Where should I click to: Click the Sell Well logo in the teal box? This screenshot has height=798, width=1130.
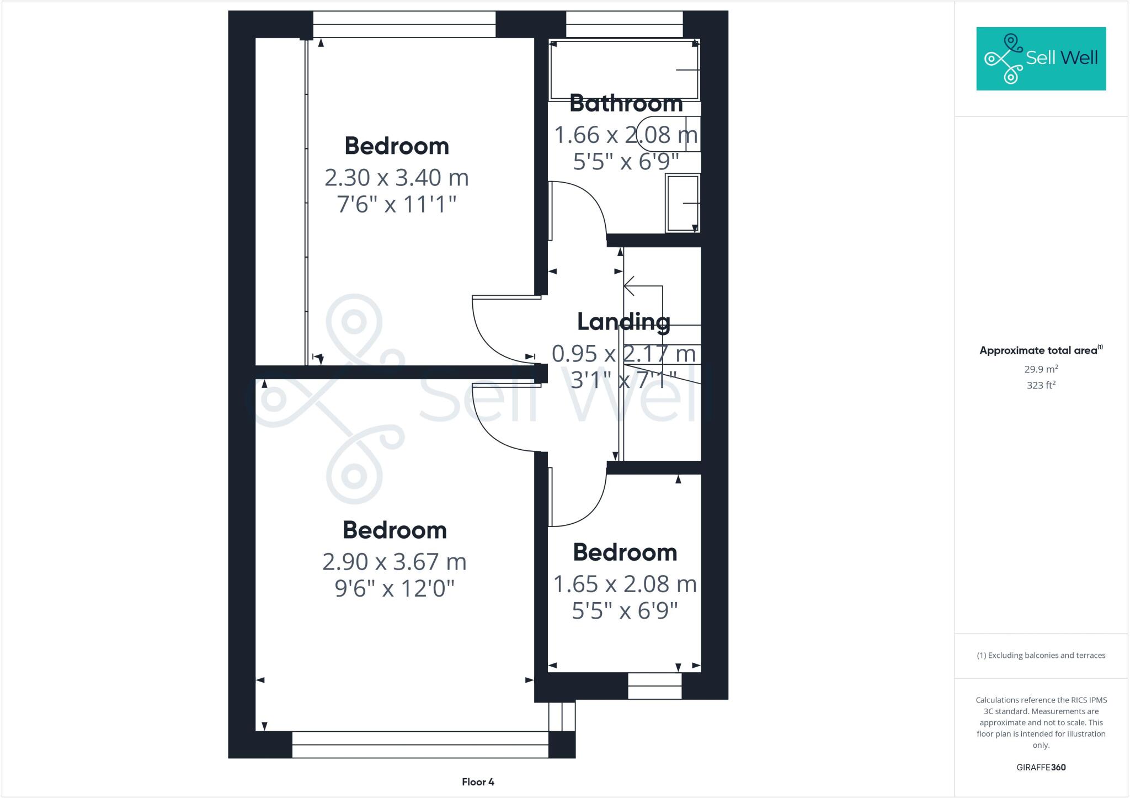point(1041,58)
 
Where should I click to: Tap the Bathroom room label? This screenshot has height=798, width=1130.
point(626,103)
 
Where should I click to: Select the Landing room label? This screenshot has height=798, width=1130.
point(623,322)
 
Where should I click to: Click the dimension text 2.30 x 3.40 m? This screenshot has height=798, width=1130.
point(397,178)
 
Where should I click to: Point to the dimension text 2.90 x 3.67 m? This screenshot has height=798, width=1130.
point(395,562)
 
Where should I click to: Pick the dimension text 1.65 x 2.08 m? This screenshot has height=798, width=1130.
point(625,584)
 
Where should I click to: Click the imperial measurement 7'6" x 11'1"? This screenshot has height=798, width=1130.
point(397,205)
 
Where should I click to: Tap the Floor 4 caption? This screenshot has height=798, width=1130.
point(478,782)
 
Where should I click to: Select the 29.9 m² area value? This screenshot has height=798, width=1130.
point(1041,369)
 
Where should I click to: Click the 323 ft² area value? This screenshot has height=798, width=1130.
point(1041,385)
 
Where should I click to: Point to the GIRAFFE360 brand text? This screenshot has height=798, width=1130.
point(1041,767)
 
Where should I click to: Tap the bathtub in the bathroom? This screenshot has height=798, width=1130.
point(624,70)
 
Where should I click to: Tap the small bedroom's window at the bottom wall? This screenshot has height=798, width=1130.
point(654,686)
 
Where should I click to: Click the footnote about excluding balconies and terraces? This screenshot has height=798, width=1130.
point(1041,656)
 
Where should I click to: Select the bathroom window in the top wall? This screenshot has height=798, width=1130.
point(624,24)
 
